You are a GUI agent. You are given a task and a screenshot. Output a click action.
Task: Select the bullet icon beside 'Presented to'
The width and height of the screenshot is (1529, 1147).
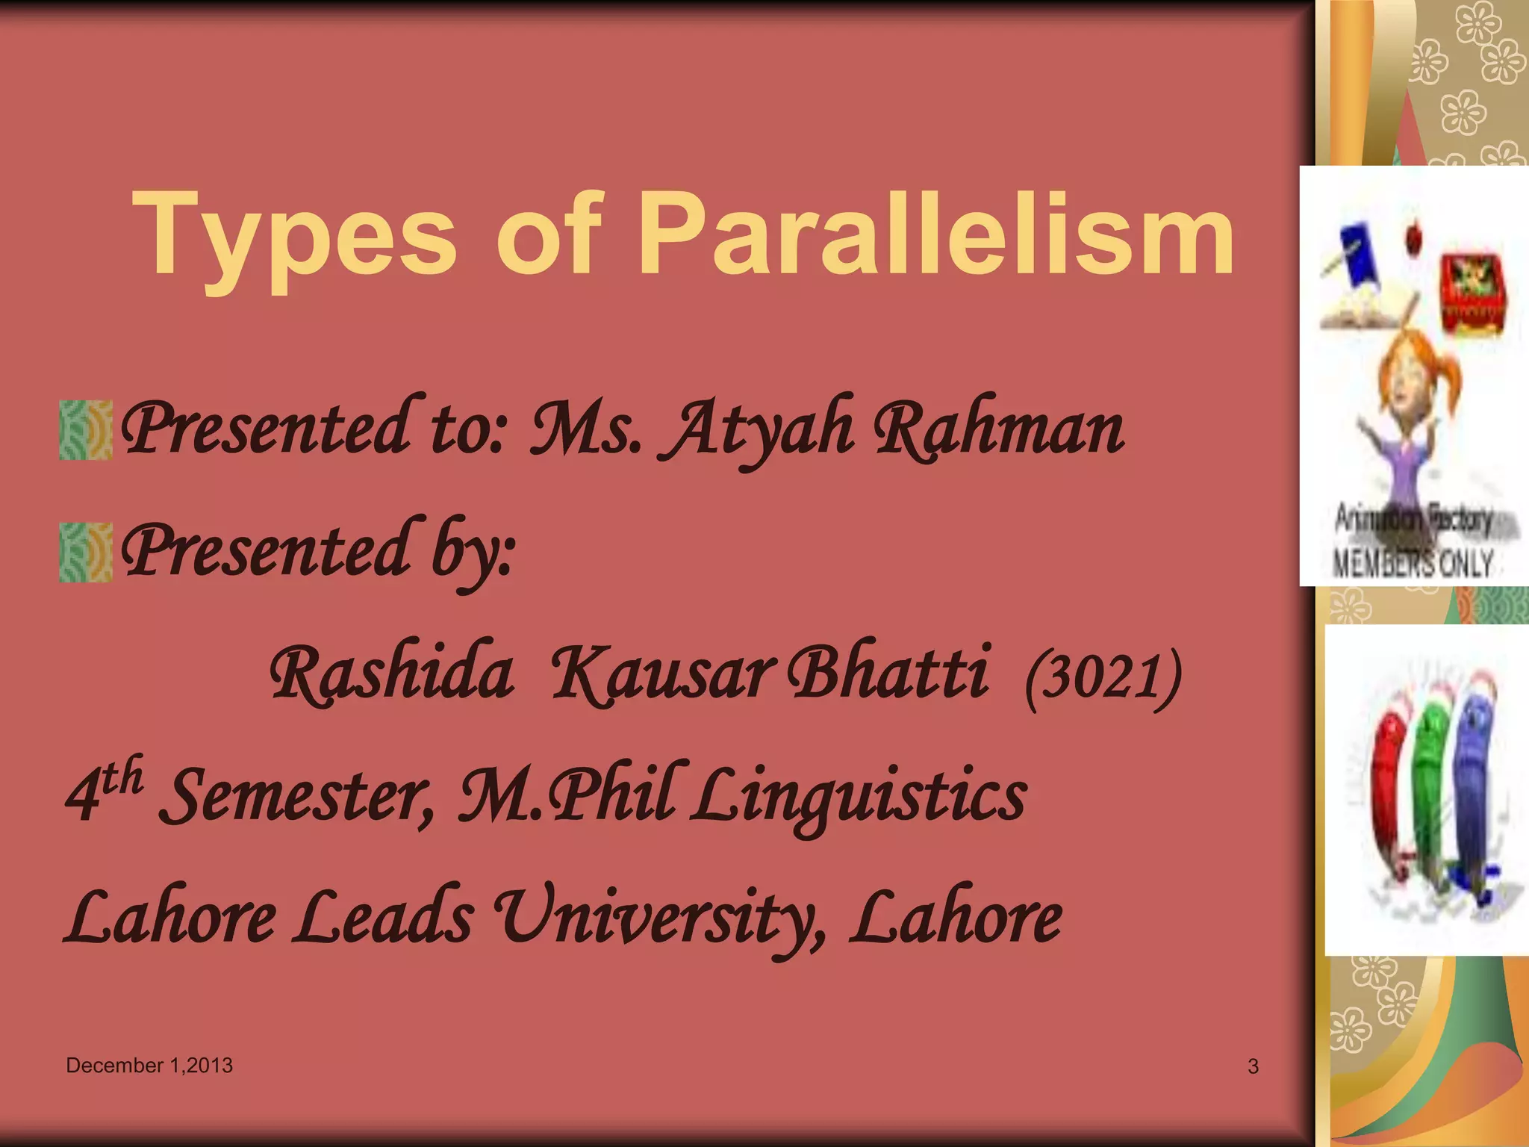[86, 429]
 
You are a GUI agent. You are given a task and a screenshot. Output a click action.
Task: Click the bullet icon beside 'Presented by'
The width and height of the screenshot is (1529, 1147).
[86, 552]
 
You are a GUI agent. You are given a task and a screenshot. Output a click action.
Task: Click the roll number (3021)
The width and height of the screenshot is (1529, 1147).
[1103, 677]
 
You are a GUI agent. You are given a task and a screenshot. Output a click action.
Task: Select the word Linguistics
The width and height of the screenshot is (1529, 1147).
[859, 796]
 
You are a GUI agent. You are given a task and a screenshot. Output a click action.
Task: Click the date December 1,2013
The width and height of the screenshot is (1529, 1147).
[149, 1066]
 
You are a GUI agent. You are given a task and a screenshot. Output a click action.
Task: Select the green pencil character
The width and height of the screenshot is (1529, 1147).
[1430, 792]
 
